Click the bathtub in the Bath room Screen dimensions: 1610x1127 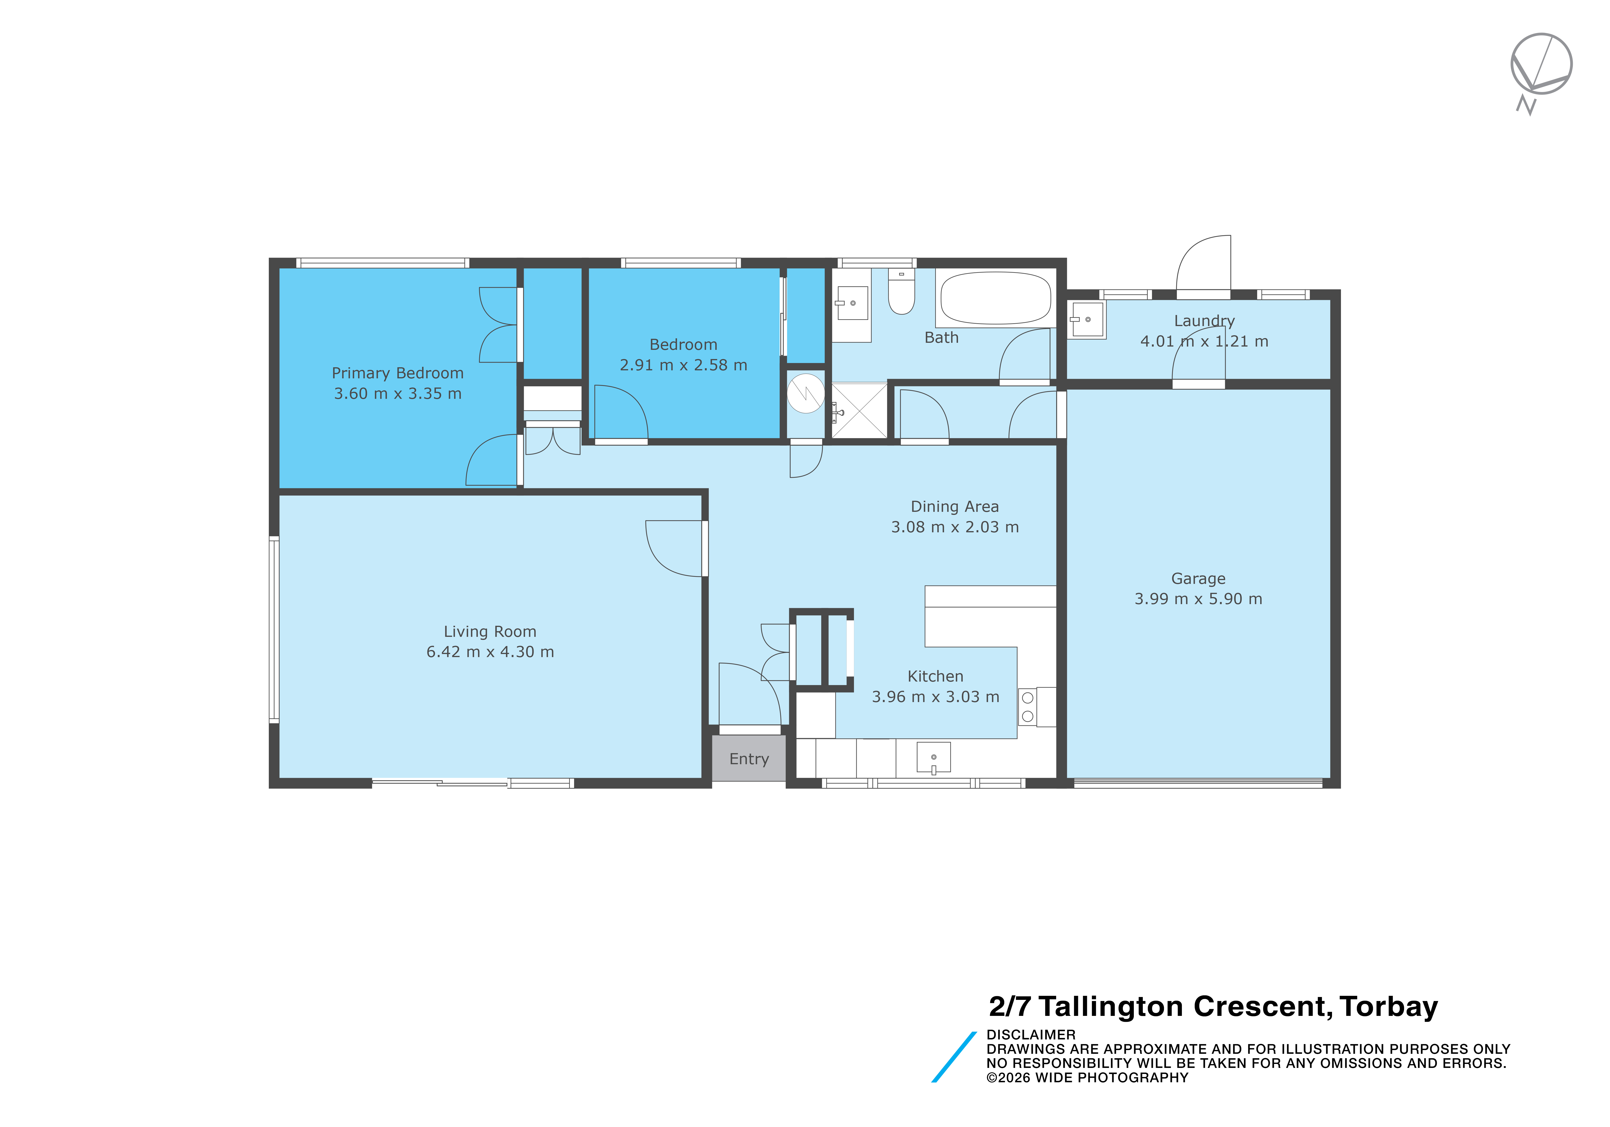996,298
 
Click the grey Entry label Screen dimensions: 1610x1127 749,759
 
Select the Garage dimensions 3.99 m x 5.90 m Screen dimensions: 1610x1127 1198,599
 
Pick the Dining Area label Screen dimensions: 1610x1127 954,506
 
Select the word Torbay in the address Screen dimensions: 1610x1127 1389,1007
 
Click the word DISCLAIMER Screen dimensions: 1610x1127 1031,1034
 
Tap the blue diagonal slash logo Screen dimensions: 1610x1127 954,1057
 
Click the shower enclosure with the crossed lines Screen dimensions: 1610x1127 859,411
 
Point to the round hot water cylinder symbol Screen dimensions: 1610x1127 806,393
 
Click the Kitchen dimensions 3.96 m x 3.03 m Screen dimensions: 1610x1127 935,697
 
